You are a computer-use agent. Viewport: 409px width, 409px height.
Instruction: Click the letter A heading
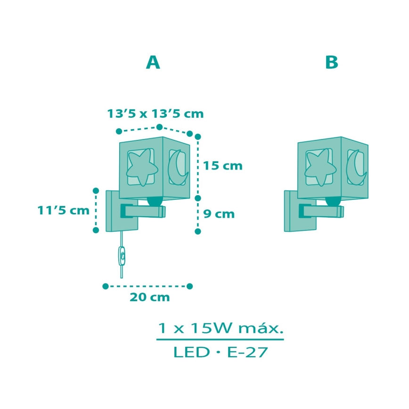click(x=153, y=62)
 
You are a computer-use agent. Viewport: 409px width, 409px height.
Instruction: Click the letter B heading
click(x=332, y=62)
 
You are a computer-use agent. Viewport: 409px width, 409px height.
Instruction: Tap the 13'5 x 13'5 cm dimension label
click(x=155, y=114)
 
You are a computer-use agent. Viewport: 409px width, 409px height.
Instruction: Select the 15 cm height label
click(x=222, y=166)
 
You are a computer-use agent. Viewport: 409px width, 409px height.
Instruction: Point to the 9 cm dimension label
click(x=219, y=214)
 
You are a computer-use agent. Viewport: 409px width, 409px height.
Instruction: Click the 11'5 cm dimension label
click(x=64, y=210)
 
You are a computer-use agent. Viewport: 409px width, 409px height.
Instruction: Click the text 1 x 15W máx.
click(x=220, y=327)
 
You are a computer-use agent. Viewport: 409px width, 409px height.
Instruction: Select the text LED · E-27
click(x=220, y=352)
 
